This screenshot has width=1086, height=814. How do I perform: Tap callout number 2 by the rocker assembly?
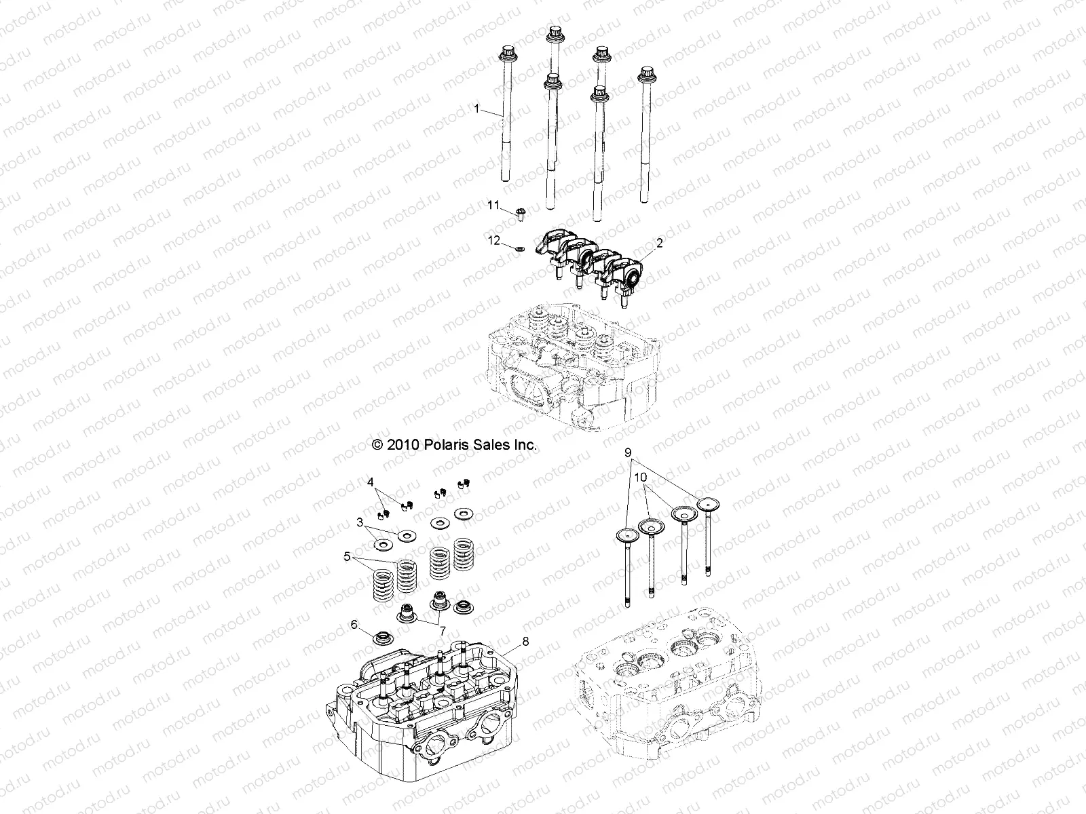(660, 241)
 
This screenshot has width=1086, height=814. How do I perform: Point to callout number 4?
(371, 482)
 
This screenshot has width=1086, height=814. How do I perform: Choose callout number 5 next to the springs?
(347, 557)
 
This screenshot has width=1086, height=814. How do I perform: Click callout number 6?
(354, 625)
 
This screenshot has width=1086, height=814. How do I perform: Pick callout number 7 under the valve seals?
(443, 632)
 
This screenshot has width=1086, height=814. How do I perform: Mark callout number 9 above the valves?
(628, 452)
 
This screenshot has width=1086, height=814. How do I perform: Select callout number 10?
(638, 478)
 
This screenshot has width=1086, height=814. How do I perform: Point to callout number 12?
(493, 239)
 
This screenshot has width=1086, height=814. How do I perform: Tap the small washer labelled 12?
(518, 248)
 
